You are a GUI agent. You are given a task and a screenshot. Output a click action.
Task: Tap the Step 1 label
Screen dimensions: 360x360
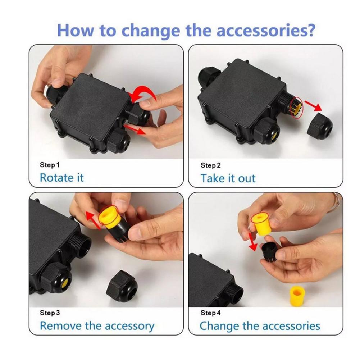pos(50,165)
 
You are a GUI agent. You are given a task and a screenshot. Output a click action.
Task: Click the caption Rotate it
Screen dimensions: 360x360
pos(61,178)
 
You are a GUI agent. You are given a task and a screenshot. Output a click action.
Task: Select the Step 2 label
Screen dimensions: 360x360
pos(210,165)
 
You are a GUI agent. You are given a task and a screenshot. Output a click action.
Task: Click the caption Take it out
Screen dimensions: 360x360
pos(228,178)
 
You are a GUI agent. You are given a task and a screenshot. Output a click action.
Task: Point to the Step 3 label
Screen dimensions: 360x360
pos(50,313)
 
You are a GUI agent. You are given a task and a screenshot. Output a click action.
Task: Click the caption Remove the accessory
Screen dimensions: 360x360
pos(97,326)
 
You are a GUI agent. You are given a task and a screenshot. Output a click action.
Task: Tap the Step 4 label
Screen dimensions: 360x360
pos(210,313)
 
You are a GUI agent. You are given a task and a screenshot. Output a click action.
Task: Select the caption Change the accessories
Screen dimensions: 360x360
pos(260,326)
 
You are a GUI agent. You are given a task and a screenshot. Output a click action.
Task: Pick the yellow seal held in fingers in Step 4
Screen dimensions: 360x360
pos(263,224)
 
